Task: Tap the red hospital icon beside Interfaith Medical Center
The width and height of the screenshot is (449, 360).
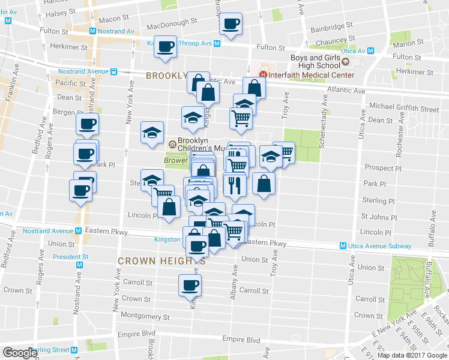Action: pyautogui.click(x=262, y=75)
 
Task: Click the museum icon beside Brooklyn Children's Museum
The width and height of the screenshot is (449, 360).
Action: pyautogui.click(x=172, y=144)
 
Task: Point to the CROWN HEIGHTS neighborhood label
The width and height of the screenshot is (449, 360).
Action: pyautogui.click(x=161, y=261)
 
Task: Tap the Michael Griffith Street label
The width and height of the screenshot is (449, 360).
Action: pyautogui.click(x=404, y=109)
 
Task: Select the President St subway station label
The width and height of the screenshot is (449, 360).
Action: pyautogui.click(x=70, y=257)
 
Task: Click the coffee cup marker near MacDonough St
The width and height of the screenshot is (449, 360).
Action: pyautogui.click(x=231, y=25)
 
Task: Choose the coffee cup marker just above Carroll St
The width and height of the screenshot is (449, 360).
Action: pyautogui.click(x=190, y=286)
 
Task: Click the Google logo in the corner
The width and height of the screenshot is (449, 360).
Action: pyautogui.click(x=20, y=353)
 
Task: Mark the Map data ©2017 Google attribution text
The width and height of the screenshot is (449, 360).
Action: pyautogui.click(x=412, y=355)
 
